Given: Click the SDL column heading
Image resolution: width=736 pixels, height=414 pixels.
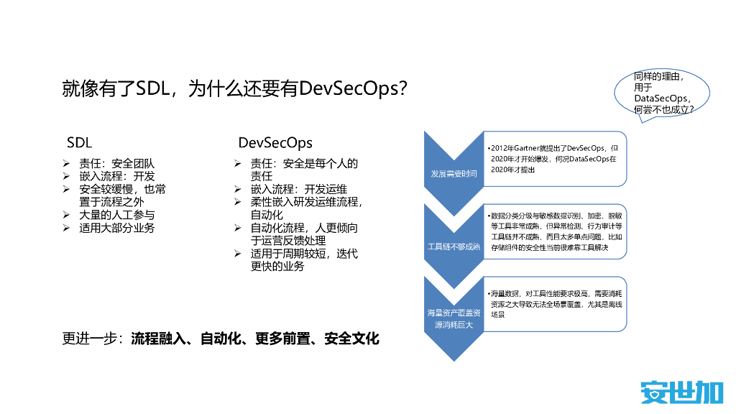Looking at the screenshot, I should pyautogui.click(x=79, y=142).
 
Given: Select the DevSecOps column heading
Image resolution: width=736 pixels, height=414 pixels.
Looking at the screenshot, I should pyautogui.click(x=275, y=142).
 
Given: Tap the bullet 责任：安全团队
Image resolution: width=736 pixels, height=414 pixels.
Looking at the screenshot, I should pyautogui.click(x=116, y=163).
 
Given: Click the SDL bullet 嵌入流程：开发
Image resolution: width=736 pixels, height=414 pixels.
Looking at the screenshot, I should pyautogui.click(x=116, y=176).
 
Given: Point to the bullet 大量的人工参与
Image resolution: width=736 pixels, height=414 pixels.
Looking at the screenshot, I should pyautogui.click(x=116, y=215).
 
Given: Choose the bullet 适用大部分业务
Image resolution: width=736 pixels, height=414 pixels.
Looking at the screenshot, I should pyautogui.click(x=116, y=228).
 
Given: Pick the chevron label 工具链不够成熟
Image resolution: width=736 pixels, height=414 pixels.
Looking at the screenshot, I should pyautogui.click(x=453, y=247).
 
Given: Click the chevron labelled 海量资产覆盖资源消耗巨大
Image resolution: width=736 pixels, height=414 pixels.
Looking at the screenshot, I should pyautogui.click(x=453, y=319).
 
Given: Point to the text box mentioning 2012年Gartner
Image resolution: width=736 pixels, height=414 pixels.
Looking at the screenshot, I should pyautogui.click(x=553, y=158).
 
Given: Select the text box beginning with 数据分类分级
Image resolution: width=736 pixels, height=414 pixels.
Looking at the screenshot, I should pyautogui.click(x=553, y=231).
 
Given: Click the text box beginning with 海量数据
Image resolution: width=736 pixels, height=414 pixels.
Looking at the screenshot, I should pyautogui.click(x=553, y=304).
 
